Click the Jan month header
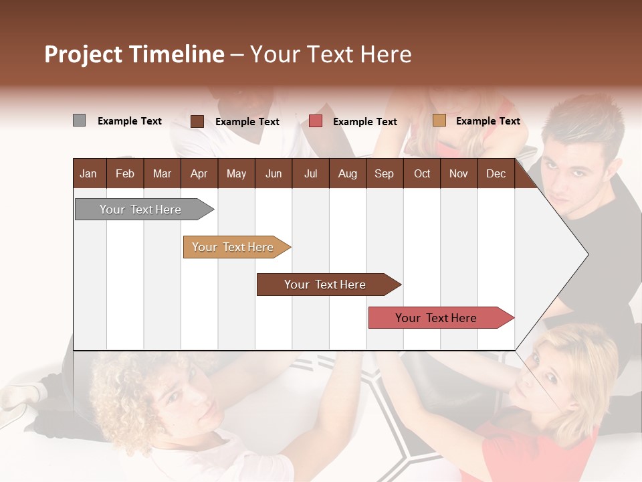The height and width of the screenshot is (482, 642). (x=88, y=173)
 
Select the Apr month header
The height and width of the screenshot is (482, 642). (x=199, y=173)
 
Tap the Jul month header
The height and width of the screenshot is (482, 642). (x=310, y=173)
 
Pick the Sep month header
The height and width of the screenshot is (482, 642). (x=384, y=173)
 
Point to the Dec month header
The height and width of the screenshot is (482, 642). (x=496, y=173)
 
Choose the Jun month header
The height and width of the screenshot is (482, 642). (x=273, y=173)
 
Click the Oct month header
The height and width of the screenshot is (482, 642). (x=422, y=173)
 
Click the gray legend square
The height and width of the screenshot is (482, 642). (x=79, y=120)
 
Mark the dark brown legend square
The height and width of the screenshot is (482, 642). (x=197, y=121)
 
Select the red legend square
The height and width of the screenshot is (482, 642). (x=316, y=121)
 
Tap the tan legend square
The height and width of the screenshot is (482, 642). (x=439, y=120)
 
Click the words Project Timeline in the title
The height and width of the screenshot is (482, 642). (x=134, y=54)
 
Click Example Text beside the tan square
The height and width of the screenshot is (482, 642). (x=488, y=121)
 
